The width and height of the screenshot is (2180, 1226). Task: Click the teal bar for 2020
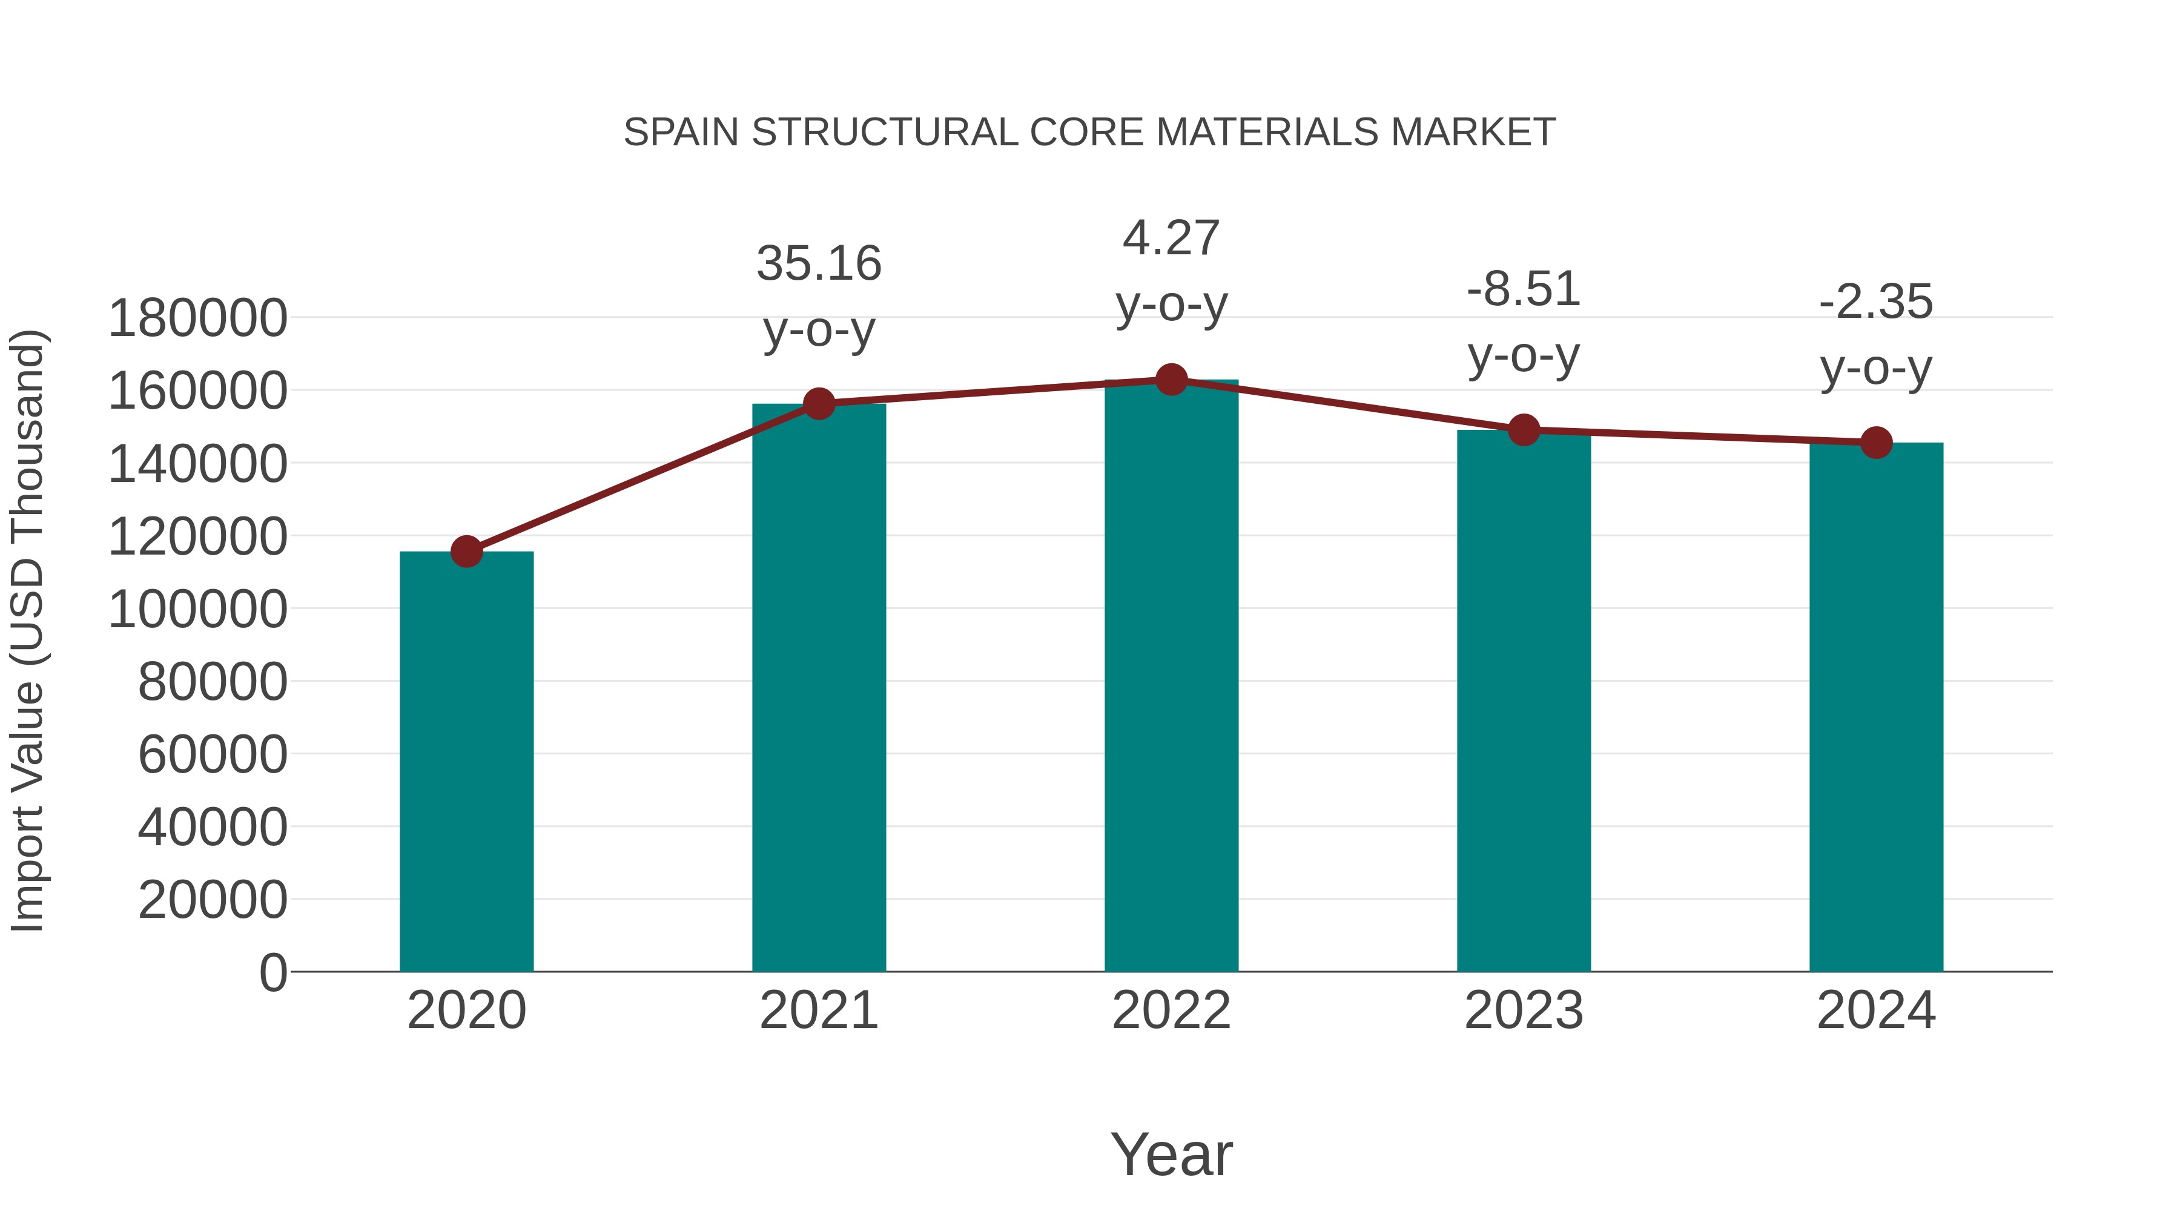466,762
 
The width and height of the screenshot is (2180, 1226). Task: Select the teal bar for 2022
1171,677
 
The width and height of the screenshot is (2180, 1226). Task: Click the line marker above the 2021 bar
819,404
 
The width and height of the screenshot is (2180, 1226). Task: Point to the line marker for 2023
1524,430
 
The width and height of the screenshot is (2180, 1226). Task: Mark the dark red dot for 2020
466,552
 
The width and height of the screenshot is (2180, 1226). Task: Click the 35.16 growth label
819,263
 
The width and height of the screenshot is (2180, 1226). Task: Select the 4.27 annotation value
1171,238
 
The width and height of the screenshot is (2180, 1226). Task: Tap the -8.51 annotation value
1524,289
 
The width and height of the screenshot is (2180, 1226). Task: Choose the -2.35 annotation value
1876,302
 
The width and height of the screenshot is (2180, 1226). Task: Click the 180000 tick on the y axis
198,319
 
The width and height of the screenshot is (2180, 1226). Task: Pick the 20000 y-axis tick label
213,900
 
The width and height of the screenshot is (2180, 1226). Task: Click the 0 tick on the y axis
273,972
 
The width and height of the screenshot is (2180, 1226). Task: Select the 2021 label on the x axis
819,1010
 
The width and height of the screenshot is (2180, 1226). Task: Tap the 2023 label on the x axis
1524,1010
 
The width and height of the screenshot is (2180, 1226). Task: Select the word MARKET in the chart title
1473,133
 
